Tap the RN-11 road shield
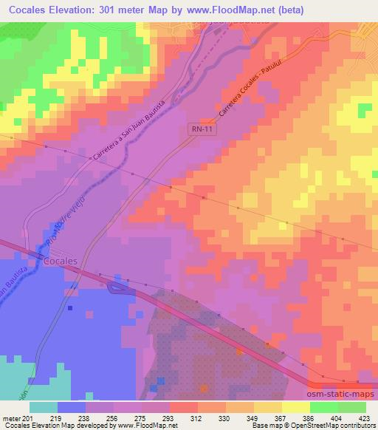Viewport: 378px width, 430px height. pos(194,128)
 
